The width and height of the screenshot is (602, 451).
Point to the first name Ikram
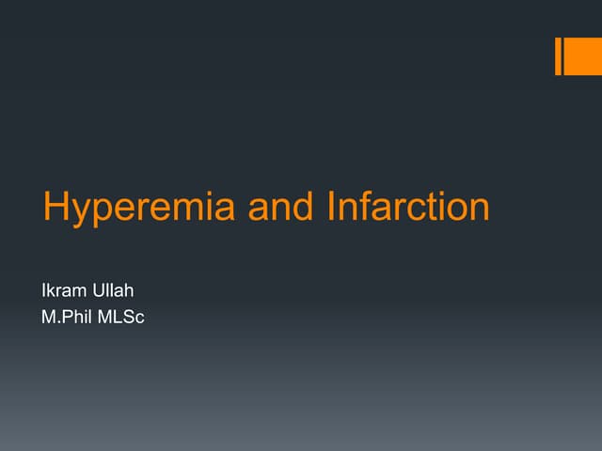click(x=63, y=291)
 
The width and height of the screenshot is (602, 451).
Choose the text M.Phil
click(x=66, y=317)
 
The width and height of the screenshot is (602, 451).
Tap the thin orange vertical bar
click(x=559, y=56)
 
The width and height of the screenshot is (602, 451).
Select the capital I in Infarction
click(x=330, y=208)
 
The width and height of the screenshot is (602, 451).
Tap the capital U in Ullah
click(x=100, y=291)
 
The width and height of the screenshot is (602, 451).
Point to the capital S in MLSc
click(x=127, y=317)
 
